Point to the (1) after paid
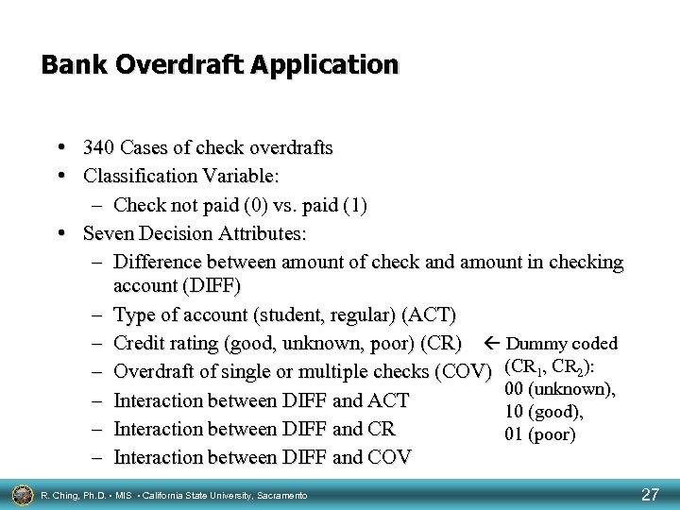tap(356, 205)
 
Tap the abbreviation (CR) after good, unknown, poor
tap(441, 343)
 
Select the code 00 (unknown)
tap(561, 389)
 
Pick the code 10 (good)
tap(544, 413)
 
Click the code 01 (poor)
tap(540, 435)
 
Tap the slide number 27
tap(650, 494)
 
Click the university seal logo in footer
tap(20, 493)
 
